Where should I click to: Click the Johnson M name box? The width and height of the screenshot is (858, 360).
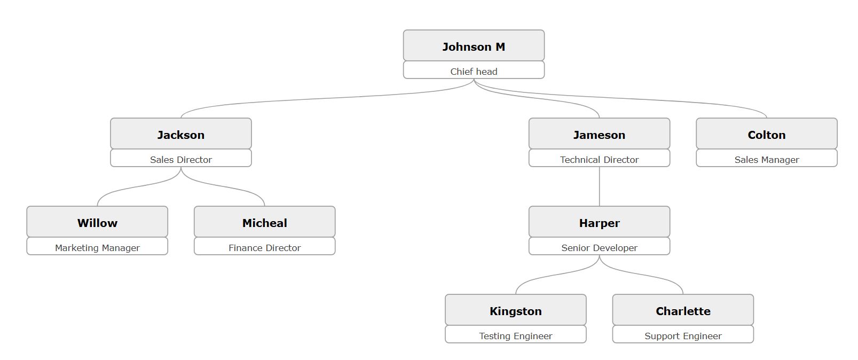[474, 46]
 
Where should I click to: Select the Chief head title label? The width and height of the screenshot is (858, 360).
[474, 71]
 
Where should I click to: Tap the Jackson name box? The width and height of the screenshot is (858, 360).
[180, 134]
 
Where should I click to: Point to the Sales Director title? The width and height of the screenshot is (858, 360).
[180, 159]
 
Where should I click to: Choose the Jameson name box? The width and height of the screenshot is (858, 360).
[599, 134]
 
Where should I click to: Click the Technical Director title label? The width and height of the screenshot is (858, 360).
[599, 159]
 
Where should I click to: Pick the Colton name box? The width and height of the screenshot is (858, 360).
[766, 134]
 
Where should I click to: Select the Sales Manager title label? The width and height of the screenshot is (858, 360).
[766, 159]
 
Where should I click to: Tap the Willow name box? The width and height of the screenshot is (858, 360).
[97, 222]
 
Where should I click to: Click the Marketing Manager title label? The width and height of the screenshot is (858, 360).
[97, 247]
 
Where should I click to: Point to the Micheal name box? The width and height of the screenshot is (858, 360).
[264, 222]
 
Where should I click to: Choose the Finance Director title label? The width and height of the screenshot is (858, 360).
[264, 247]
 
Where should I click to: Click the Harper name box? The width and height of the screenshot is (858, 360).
[599, 222]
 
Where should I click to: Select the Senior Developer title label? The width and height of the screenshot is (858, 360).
[599, 247]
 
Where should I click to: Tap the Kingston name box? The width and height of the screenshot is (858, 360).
[515, 310]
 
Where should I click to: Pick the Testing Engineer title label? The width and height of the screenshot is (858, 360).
[515, 335]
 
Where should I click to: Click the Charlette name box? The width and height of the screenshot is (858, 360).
[683, 310]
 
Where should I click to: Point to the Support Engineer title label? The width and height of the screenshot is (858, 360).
[683, 335]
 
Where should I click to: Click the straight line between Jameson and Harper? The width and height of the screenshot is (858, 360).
[599, 186]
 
